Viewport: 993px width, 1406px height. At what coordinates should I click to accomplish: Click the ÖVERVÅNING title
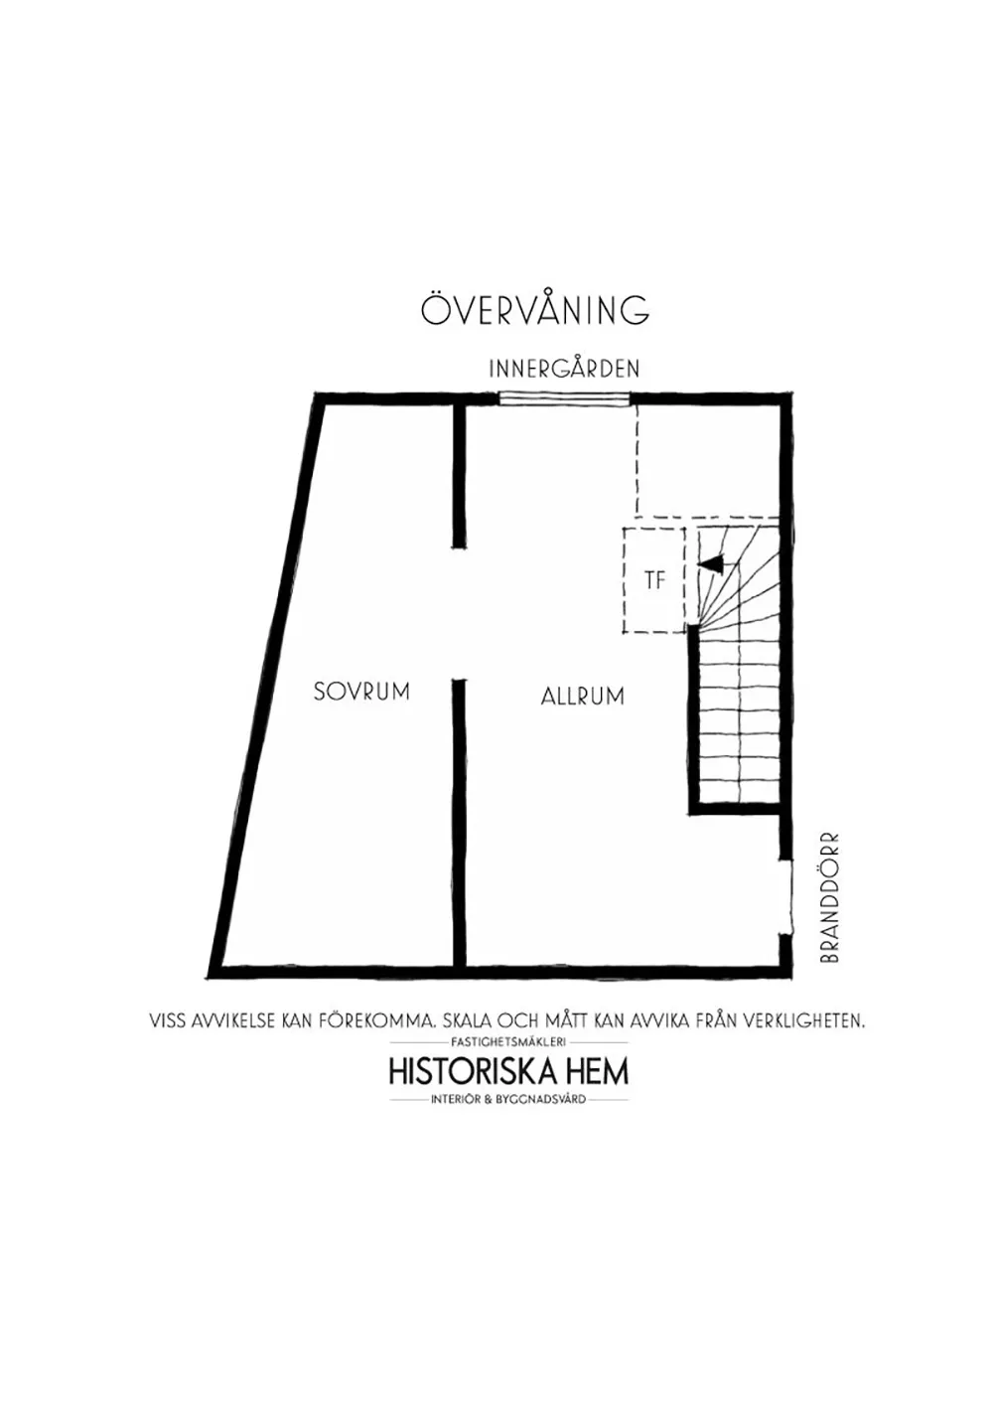pos(535,309)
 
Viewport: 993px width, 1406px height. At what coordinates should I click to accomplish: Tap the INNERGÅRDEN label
pos(564,369)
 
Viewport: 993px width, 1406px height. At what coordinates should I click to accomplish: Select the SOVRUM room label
pos(361,692)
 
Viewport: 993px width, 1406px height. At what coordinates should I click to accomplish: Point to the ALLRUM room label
pos(583,697)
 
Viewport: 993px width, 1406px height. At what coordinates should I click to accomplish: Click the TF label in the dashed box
pos(654,581)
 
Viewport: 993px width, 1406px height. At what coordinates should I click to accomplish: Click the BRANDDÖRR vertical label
pos(828,898)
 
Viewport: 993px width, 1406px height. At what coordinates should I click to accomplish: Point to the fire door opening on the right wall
pos(786,897)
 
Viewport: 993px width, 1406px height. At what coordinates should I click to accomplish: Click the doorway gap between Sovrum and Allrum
pos(460,613)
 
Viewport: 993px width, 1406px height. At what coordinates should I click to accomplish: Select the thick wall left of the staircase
pos(693,718)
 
